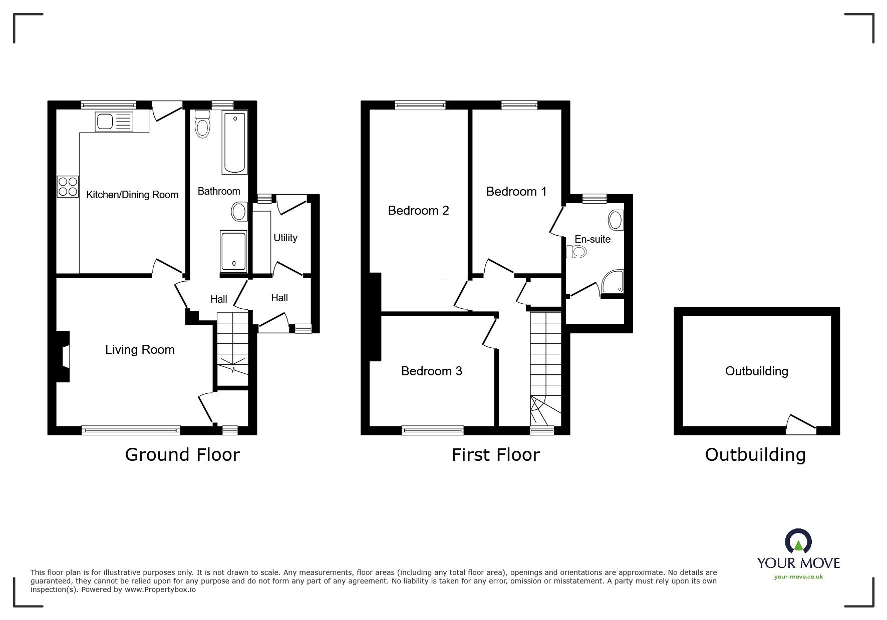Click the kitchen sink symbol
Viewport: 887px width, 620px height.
click(x=115, y=122)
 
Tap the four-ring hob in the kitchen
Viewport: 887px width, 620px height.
click(x=68, y=186)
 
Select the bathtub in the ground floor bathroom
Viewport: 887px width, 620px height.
click(x=234, y=143)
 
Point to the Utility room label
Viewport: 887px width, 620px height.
click(x=285, y=238)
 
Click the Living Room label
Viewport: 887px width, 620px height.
click(x=140, y=349)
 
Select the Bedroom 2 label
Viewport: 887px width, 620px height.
click(x=418, y=210)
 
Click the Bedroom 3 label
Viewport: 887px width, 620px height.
click(x=431, y=371)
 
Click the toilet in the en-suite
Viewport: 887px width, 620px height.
click(x=576, y=251)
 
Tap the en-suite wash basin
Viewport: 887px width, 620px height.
click(x=616, y=220)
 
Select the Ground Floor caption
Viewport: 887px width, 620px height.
click(x=182, y=454)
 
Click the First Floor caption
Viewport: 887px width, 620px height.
click(x=495, y=454)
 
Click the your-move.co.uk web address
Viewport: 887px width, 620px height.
click(x=798, y=577)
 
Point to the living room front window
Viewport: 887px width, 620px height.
click(x=131, y=430)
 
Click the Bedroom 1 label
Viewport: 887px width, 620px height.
click(x=516, y=191)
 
